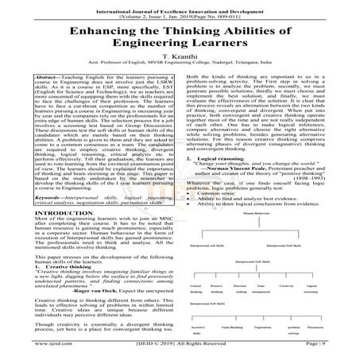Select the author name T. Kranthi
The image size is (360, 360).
tap(179, 70)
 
